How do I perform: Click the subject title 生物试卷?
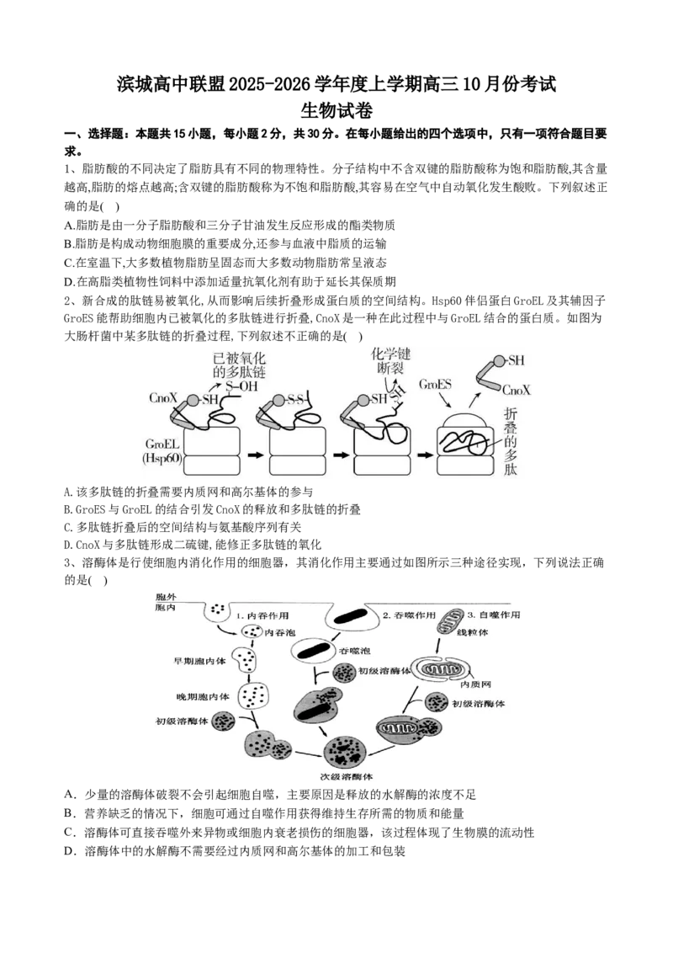pos(336,110)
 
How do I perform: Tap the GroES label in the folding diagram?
pos(435,384)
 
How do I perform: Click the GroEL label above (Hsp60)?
pos(162,445)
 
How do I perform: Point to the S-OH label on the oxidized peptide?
pos(241,386)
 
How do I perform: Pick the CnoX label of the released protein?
pos(517,390)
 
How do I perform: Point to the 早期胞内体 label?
pos(199,661)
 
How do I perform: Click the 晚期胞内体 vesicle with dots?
pos(252,696)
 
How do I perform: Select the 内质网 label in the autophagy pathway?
pos(475,685)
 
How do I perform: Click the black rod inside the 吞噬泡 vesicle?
pos(313,650)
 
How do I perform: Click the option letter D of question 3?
pos(69,851)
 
